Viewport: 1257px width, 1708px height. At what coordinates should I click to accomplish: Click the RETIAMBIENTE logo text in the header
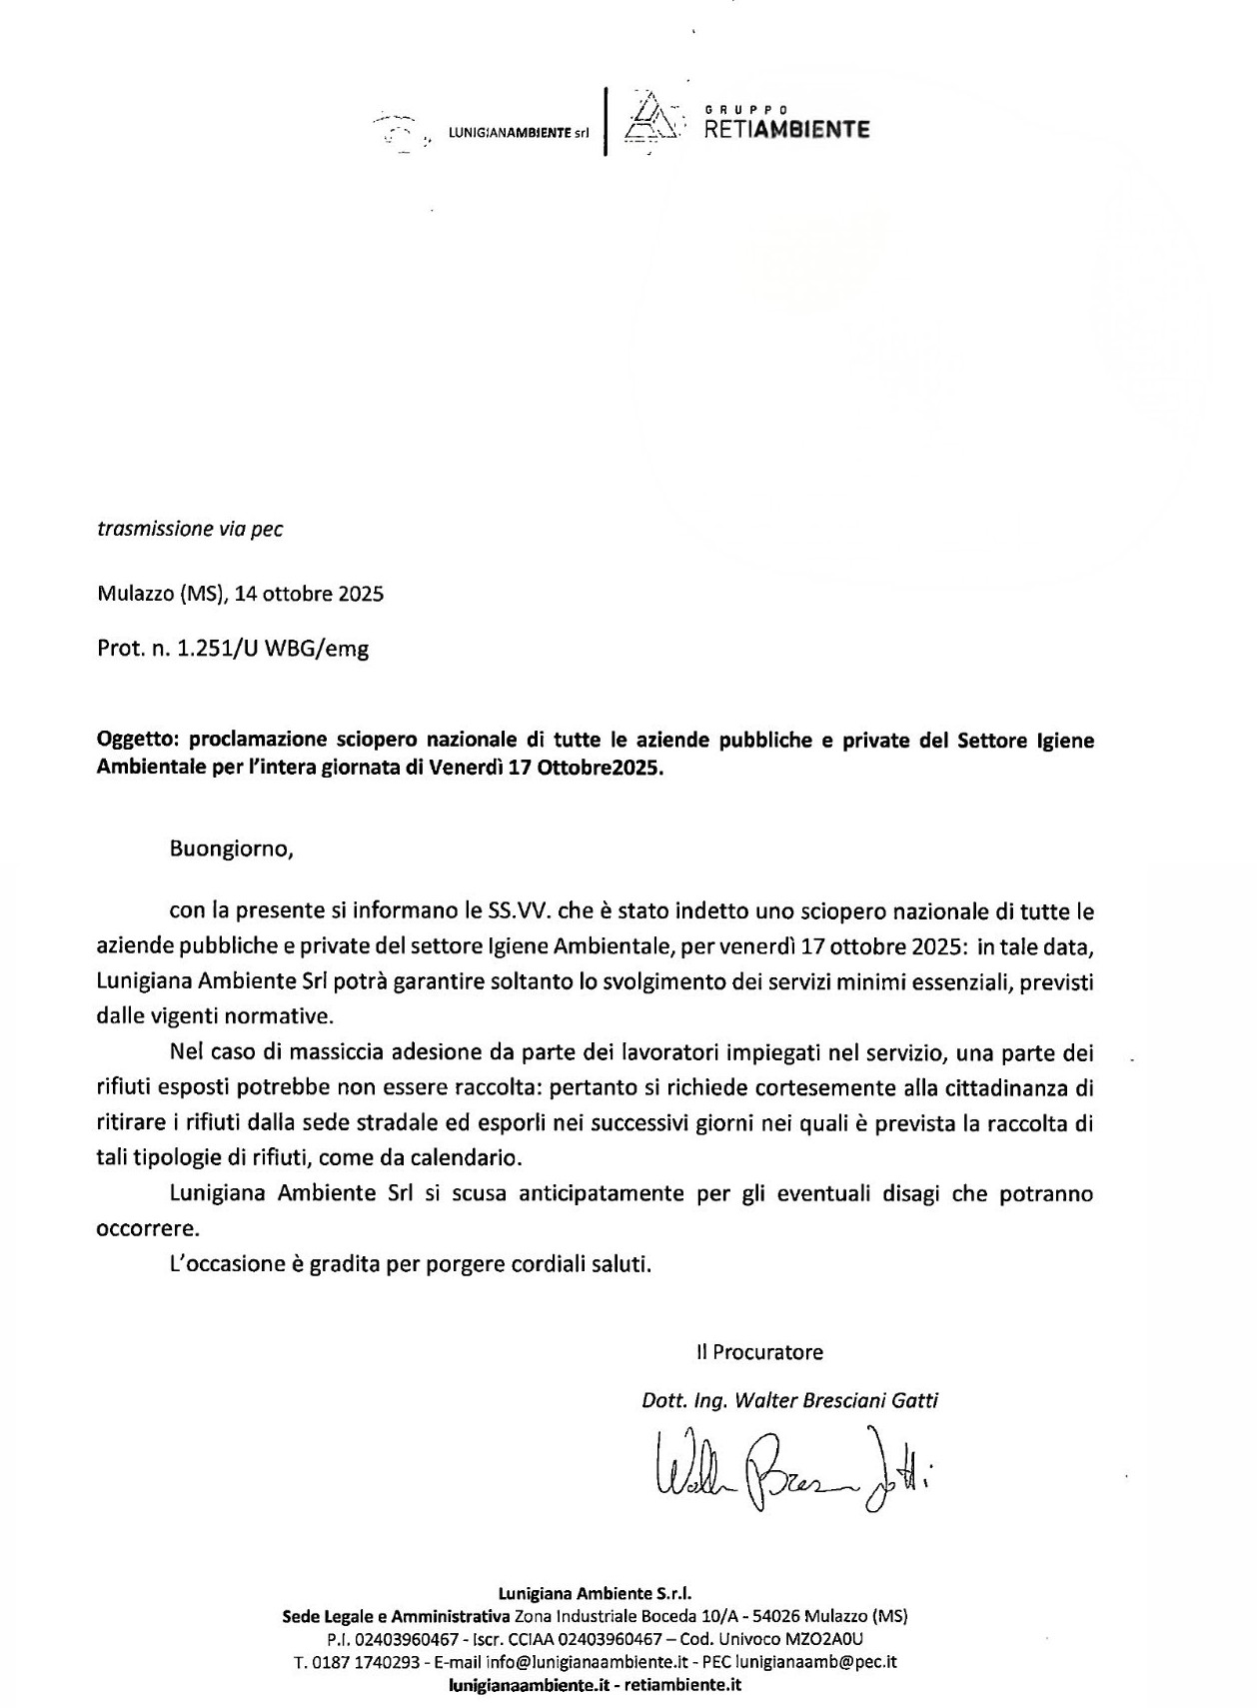click(786, 129)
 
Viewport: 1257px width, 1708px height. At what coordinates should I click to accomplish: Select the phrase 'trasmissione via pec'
click(190, 529)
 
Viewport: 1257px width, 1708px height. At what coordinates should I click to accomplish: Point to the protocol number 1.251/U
click(217, 648)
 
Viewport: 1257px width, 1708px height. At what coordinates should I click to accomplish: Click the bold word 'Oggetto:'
click(139, 741)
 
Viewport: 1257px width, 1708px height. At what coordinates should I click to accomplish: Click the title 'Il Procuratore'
click(760, 1352)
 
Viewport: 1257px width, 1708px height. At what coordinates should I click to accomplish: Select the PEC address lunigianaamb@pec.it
click(815, 1663)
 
